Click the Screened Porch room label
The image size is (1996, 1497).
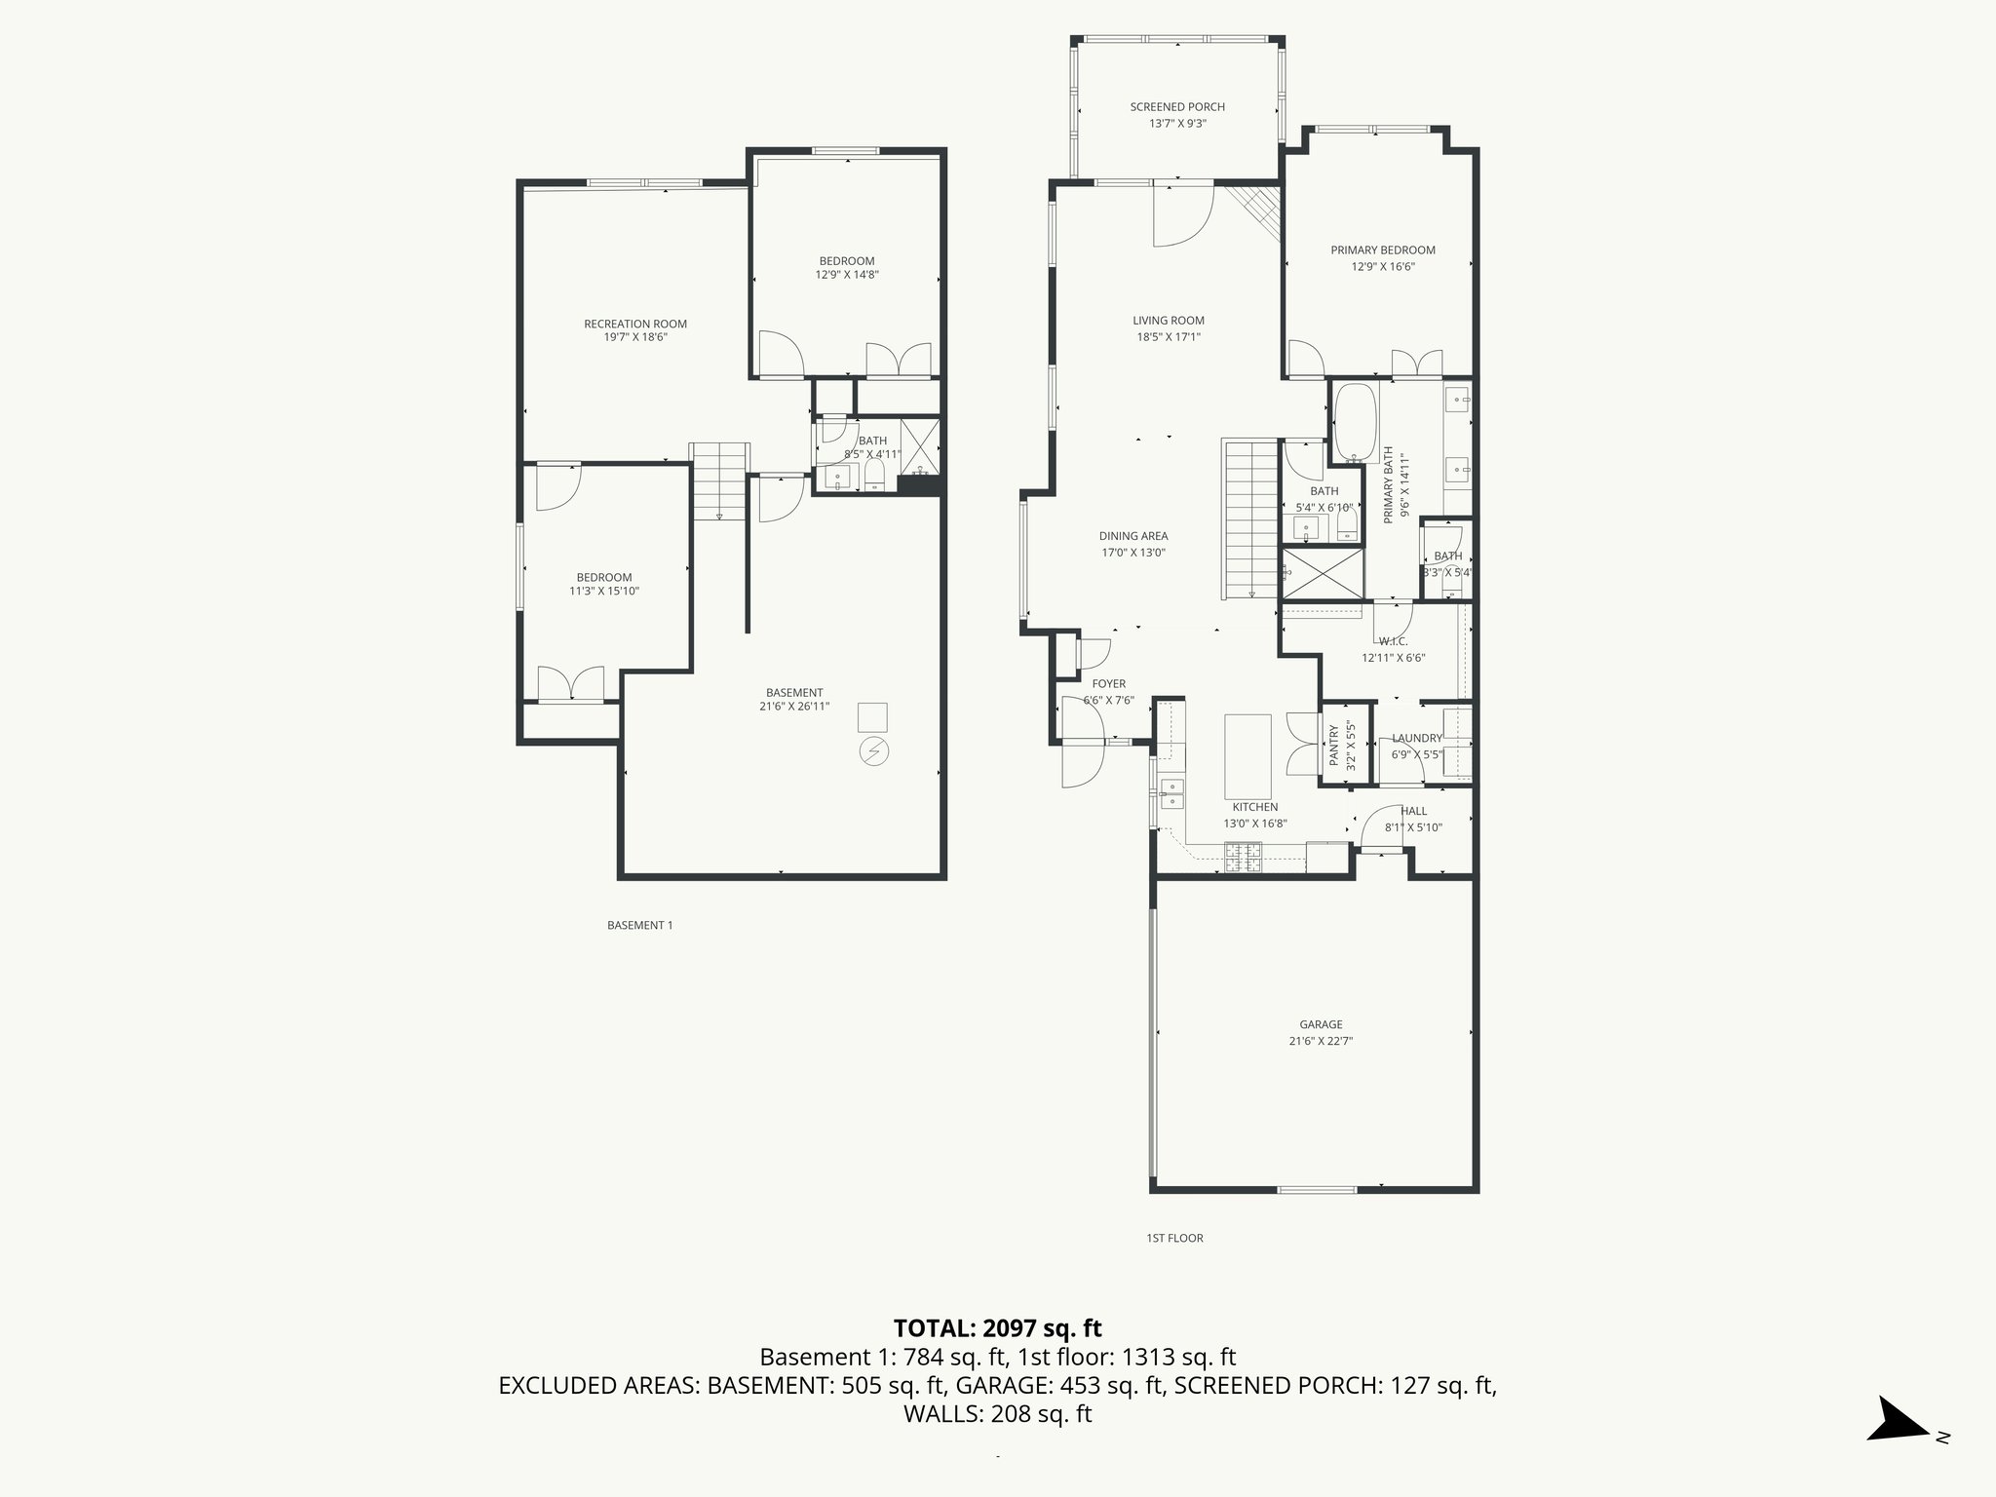(1177, 107)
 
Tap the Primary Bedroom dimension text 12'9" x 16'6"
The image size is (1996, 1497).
(1382, 266)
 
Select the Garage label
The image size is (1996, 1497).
(1321, 1024)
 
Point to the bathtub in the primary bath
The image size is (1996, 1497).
(1354, 423)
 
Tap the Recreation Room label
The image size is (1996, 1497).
(634, 325)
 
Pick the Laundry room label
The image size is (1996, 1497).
(1416, 739)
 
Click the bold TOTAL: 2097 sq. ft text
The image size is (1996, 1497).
(997, 1327)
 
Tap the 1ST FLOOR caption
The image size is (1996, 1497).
(1174, 1238)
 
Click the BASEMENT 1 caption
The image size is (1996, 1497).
(639, 925)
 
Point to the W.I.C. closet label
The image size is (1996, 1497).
(1393, 641)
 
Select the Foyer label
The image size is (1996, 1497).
(1108, 684)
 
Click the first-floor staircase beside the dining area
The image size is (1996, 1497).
(1250, 519)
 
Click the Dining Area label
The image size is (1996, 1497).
(1132, 536)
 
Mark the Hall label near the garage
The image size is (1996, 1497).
(1413, 811)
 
